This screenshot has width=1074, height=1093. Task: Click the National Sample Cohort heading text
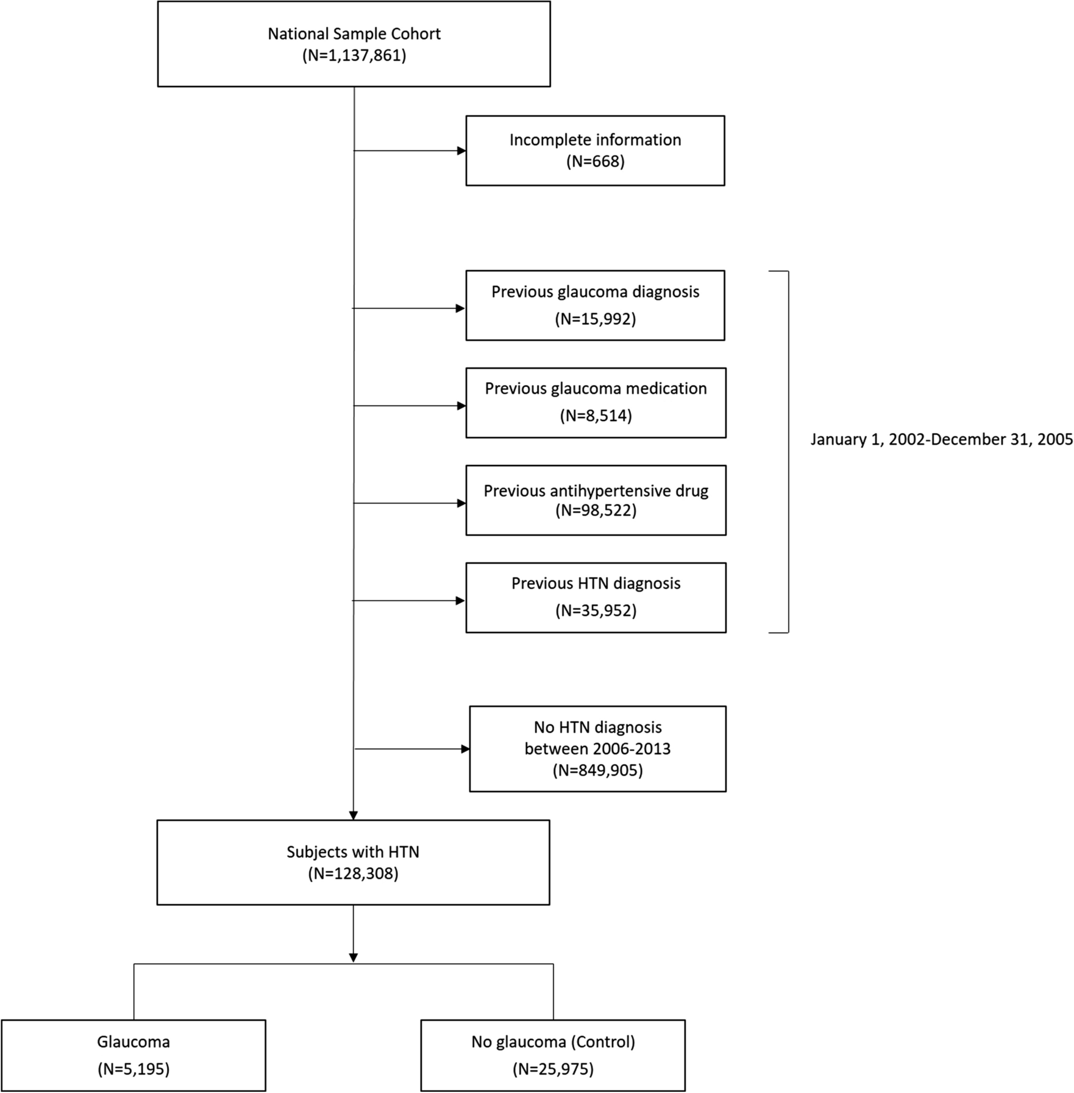point(354,34)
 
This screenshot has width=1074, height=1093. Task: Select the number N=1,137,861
point(354,55)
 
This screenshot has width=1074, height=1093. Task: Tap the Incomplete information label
point(595,140)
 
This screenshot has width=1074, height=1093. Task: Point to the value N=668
point(595,161)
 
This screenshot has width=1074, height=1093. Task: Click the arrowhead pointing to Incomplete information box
point(461,150)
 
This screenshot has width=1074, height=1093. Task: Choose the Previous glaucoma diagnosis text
point(595,292)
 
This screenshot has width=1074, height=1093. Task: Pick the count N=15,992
point(595,319)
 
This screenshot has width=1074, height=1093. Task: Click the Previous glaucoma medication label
point(596,389)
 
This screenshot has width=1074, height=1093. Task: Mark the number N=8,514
point(596,416)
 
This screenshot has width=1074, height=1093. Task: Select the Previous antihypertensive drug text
point(596,491)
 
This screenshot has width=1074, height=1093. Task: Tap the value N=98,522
point(596,511)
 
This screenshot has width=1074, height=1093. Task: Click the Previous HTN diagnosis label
point(596,584)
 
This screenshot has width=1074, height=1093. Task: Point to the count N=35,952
point(596,610)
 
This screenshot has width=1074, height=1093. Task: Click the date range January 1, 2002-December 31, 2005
point(941,439)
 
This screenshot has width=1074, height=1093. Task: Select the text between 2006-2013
point(597,749)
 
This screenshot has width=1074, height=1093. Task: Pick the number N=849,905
point(597,771)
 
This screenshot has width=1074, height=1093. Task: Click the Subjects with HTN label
point(353,852)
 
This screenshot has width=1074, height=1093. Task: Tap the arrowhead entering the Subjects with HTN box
point(353,815)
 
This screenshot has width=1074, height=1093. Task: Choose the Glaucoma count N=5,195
point(133,1069)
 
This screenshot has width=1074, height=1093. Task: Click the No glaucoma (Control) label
point(553,1042)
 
